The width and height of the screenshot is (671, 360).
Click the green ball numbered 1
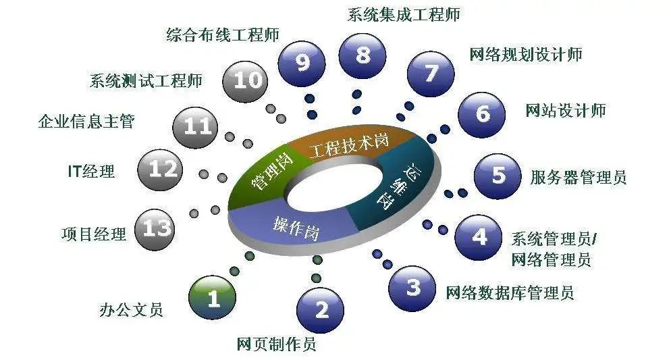212,297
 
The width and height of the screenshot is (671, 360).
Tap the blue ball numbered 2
320,309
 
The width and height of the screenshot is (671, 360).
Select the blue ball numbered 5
498,176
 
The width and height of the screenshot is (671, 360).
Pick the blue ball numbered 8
363,55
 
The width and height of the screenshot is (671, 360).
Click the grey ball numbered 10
246,81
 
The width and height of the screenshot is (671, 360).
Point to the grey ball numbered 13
155,229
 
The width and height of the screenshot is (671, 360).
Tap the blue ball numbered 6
481,114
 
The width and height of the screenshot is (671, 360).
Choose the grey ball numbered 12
160,170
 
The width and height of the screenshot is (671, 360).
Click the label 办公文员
132,309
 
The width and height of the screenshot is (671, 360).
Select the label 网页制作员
277,344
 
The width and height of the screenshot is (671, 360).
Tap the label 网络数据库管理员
510,292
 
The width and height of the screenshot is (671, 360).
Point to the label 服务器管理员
578,177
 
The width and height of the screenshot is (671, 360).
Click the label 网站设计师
566,111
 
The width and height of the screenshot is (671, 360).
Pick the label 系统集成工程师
404,14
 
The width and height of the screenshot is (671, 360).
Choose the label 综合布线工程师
223,34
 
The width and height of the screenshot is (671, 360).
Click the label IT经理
91,172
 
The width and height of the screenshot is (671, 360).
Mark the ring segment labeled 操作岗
295,227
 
